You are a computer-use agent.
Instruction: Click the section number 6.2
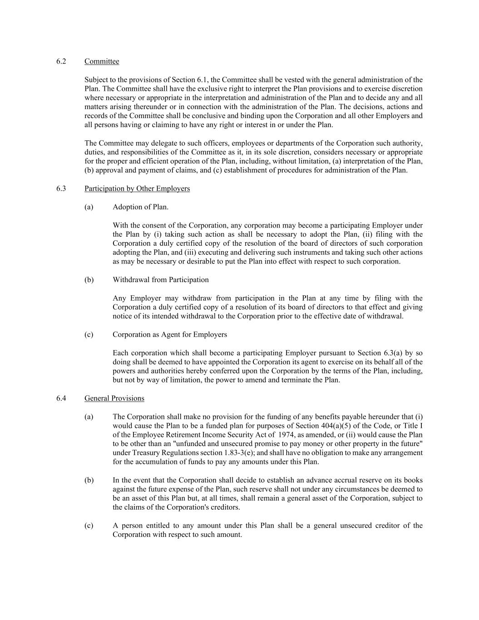point(61,61)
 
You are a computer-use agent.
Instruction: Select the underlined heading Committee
point(102,61)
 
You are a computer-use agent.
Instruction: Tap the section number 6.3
point(61,188)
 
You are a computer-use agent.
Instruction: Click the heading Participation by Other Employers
point(137,188)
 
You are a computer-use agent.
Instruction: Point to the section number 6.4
point(61,398)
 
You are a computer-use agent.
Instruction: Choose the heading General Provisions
point(114,398)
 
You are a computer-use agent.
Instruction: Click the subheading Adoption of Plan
point(140,207)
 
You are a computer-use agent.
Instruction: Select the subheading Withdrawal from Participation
point(161,280)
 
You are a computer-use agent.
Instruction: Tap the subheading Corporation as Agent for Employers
point(170,335)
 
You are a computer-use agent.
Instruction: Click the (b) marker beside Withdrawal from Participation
point(89,280)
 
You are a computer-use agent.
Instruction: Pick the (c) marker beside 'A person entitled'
point(89,526)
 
